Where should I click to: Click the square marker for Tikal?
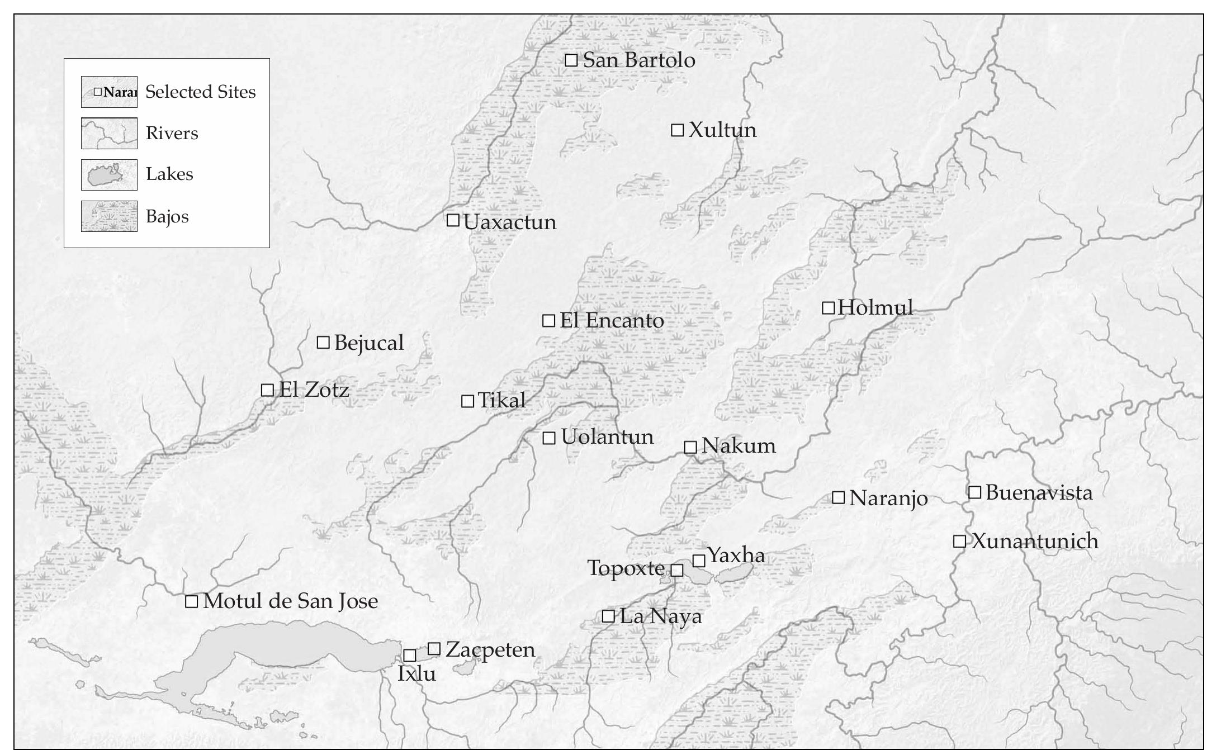point(467,401)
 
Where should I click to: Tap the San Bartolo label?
point(638,60)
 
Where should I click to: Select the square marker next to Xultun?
point(677,130)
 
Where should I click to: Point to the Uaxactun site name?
point(510,222)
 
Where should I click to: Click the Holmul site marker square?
point(828,308)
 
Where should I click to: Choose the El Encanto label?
point(612,321)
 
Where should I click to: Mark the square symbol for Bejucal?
point(323,343)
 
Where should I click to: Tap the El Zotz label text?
point(314,390)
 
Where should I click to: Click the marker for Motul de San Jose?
point(192,601)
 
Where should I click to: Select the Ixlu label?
point(416,674)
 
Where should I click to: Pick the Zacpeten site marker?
point(434,649)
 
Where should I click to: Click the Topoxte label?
point(626,568)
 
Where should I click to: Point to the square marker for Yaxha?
point(699,561)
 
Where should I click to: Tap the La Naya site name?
point(661,616)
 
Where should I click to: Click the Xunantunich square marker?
point(959,541)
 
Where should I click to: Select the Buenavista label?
point(1039,493)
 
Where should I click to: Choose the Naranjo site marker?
point(838,497)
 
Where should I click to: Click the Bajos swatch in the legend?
point(109,216)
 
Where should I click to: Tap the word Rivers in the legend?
point(172,134)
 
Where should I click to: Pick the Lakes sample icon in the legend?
point(109,175)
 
